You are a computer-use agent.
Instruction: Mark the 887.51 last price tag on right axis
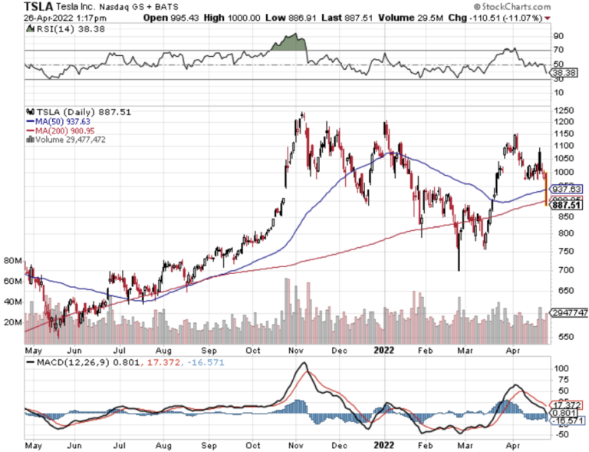tap(566, 205)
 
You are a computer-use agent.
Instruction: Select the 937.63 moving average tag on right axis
tap(566, 189)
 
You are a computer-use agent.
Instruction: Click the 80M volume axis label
tap(12, 260)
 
